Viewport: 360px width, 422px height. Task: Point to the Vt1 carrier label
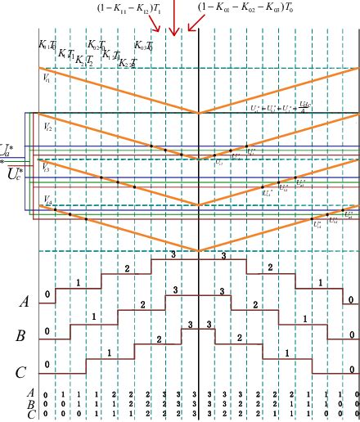(46, 79)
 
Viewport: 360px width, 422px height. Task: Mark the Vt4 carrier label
(47, 199)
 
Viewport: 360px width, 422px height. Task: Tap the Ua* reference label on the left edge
(7, 149)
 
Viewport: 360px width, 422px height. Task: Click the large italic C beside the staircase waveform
(22, 374)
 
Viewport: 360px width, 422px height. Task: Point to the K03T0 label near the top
(144, 45)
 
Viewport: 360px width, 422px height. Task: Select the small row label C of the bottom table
(31, 414)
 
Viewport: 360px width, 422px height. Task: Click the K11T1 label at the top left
(47, 45)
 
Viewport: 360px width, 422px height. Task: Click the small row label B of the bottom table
(31, 404)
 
